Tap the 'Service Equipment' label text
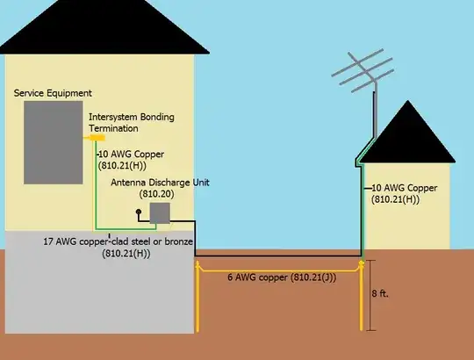click(53, 93)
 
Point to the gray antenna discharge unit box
click(159, 213)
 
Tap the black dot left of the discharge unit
click(137, 212)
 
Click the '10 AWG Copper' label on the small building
click(403, 193)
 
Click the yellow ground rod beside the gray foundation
click(197, 299)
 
